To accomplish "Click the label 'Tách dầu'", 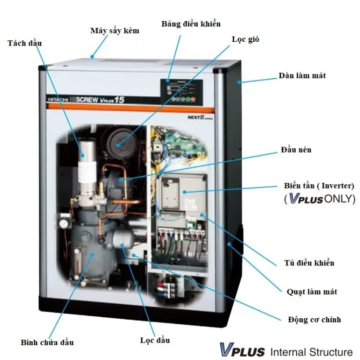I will [x=24, y=43].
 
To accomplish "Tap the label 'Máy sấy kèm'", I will [x=115, y=31].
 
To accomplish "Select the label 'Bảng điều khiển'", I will [x=191, y=24].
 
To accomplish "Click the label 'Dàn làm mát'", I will [x=302, y=76].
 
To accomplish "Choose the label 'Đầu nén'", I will [x=296, y=150].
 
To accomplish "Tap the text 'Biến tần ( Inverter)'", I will [x=319, y=186].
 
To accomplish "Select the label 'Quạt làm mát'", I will [x=312, y=291].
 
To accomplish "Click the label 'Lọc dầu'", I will [x=155, y=340].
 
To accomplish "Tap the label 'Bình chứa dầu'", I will [x=47, y=342].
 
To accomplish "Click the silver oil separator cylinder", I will [x=86, y=158].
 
